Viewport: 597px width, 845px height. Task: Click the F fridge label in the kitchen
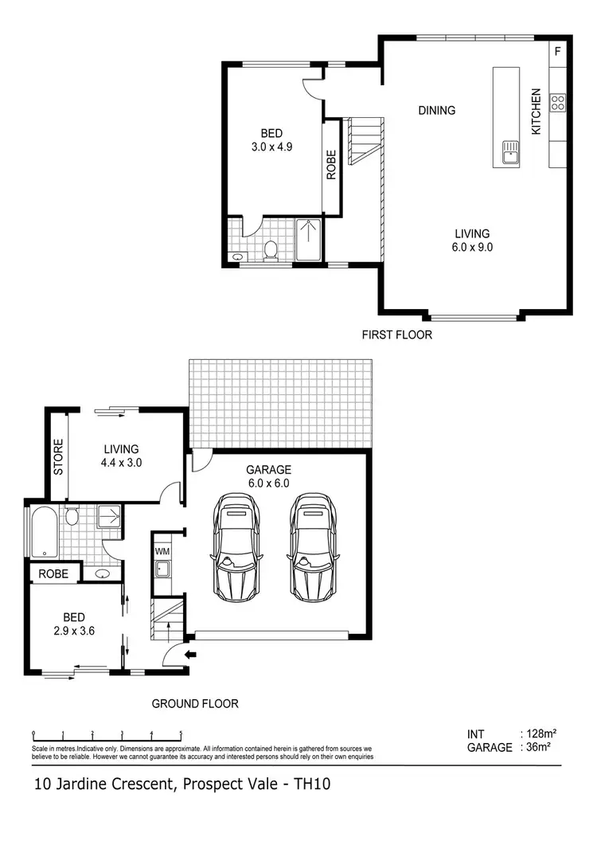coord(557,52)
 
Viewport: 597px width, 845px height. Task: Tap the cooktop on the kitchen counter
coord(558,102)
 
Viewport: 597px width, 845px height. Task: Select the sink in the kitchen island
coord(509,151)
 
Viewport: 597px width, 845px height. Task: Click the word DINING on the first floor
coord(437,111)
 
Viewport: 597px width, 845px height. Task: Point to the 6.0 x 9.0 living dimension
coord(472,247)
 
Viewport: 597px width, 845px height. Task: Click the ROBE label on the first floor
coord(331,164)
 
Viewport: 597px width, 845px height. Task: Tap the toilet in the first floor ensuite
coord(270,249)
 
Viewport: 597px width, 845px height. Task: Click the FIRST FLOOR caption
coord(397,334)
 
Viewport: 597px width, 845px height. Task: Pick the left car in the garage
coord(234,547)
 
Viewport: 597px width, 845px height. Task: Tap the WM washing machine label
coord(162,551)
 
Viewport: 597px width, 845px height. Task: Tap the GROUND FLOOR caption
coord(195,704)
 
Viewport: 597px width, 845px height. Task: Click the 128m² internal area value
coord(539,734)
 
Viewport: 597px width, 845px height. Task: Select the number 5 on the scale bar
coord(181,734)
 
